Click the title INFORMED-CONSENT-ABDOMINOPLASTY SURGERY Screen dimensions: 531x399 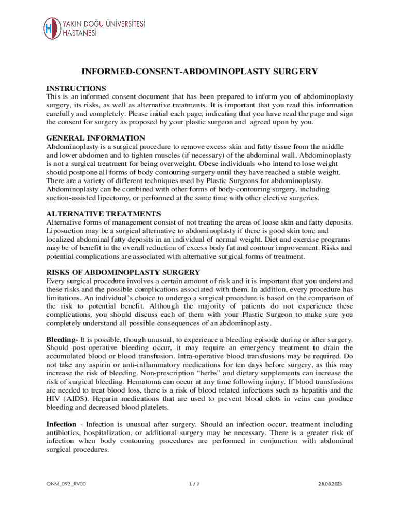[199, 72]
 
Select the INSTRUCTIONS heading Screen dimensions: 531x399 [76, 88]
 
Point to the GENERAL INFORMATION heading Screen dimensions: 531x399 [96, 138]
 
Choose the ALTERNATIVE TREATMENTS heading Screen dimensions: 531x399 [104, 213]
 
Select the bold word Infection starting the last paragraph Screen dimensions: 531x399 [62, 424]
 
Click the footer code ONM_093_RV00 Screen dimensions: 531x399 [66, 484]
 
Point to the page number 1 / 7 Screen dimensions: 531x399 [195, 484]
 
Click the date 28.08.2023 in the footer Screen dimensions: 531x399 [331, 484]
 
